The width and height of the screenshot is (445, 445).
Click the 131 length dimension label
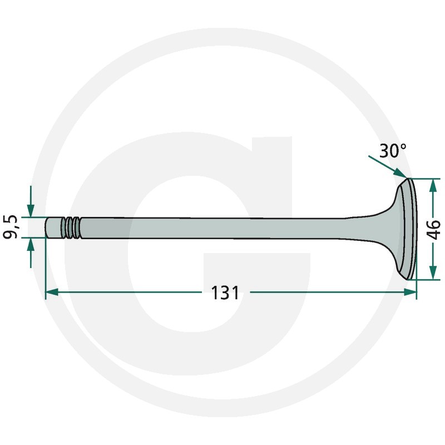(225, 293)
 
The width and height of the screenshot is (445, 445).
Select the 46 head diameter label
(433, 229)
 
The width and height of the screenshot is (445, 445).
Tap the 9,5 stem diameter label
(11, 227)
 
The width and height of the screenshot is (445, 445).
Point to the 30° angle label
(393, 151)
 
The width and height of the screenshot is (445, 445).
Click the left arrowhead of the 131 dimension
(52, 292)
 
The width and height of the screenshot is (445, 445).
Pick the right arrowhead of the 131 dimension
(411, 292)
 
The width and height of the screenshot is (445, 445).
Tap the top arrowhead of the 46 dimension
(433, 185)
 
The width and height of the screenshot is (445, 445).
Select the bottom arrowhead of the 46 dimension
(433, 273)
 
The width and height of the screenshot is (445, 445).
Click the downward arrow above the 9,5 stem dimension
(31, 201)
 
